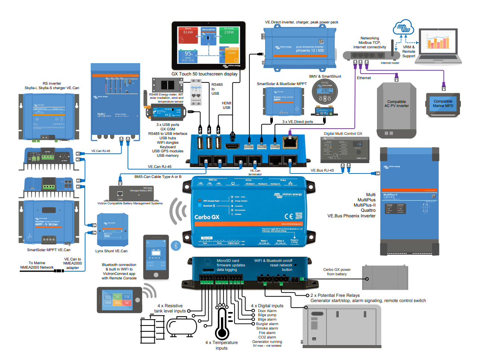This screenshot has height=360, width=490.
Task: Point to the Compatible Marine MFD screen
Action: click(x=443, y=104)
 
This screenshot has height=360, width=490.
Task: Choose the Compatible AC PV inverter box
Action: click(x=396, y=110)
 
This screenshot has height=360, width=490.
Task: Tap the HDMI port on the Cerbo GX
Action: click(x=233, y=146)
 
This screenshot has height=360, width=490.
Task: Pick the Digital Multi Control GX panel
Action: click(x=345, y=149)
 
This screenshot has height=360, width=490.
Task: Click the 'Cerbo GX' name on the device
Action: click(x=207, y=217)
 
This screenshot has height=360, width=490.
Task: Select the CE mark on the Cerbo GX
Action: click(x=288, y=216)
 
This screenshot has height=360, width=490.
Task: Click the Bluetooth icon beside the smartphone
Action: click(x=175, y=246)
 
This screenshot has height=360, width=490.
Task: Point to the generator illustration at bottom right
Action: click(x=342, y=327)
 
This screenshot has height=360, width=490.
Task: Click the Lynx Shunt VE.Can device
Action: click(x=112, y=230)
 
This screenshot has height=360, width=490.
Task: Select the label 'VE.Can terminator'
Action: click(x=255, y=172)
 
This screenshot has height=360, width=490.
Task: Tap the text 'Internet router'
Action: click(x=390, y=63)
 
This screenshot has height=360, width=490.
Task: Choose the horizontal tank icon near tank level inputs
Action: click(x=182, y=327)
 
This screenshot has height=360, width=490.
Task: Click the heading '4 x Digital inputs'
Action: click(x=267, y=306)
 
